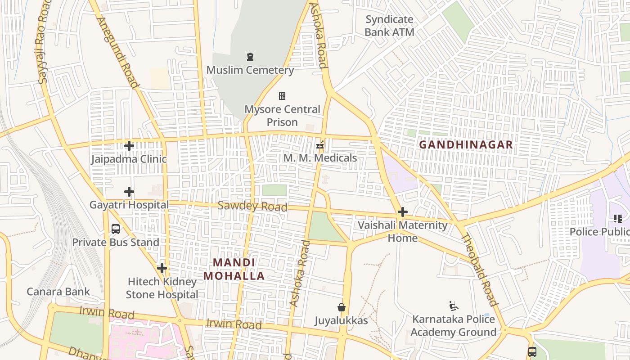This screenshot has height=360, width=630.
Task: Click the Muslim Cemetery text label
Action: [x=250, y=70]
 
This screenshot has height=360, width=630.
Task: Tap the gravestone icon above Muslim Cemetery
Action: [x=250, y=57]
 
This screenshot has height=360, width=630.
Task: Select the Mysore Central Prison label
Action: [x=282, y=116]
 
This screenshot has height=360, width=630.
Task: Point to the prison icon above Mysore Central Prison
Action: [x=282, y=96]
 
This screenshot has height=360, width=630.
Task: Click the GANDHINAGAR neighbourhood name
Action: [x=466, y=144]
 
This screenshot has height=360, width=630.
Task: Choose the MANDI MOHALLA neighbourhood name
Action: [x=234, y=269]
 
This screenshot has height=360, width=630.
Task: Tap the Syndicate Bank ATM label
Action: [x=389, y=26]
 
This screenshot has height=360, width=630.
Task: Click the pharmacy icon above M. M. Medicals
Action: [x=320, y=145]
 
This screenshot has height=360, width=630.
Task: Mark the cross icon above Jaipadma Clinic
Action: [x=129, y=146]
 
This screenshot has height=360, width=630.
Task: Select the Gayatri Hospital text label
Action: [x=129, y=205]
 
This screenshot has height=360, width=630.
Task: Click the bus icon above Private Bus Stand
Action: [x=116, y=229]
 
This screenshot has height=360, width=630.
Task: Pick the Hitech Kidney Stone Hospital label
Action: [x=162, y=288]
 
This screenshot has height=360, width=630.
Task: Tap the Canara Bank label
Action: [x=58, y=292]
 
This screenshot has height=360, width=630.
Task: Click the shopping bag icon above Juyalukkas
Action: [x=342, y=307]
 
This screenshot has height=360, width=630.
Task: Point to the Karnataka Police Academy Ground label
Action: [x=453, y=326]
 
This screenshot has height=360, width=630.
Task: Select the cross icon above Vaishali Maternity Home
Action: [x=403, y=212]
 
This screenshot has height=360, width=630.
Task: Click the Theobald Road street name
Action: [x=480, y=270]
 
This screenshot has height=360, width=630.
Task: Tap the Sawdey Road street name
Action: [x=252, y=206]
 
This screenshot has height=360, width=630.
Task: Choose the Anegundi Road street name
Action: [x=117, y=52]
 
